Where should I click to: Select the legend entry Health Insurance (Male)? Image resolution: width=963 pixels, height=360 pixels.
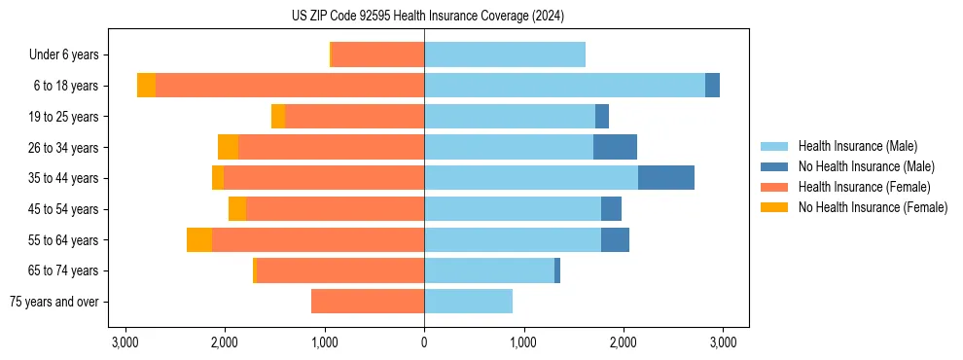point(857,146)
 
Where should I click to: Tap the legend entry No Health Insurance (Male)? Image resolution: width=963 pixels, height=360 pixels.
point(866,166)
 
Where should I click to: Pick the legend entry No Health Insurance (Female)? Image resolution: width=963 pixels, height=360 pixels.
point(873,207)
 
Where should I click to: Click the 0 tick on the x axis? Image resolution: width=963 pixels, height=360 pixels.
point(424,342)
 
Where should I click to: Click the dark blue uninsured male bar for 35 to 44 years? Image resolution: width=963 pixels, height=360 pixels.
point(666,178)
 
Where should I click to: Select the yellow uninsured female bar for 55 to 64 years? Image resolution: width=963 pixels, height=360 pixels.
point(199,239)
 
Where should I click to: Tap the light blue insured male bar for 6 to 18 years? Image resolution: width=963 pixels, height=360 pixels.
point(564,86)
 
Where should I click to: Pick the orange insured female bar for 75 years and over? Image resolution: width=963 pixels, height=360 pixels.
point(368,302)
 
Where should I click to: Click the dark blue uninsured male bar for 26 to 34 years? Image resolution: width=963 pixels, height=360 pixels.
point(615,147)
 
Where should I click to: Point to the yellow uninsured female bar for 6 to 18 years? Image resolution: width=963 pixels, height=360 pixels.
point(146,86)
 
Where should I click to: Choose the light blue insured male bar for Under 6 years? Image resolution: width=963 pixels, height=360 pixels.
point(505,55)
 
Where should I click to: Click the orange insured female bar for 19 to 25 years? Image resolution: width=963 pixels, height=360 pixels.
point(354,117)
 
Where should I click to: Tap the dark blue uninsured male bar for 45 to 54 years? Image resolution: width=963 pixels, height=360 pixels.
point(611,209)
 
